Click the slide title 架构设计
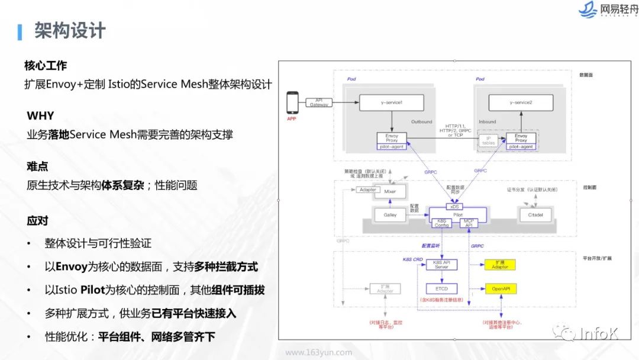tap(69, 30)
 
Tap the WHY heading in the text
tap(40, 116)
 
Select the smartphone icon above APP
tap(291, 103)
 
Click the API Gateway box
tap(318, 102)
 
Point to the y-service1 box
tap(391, 102)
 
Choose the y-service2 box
tap(521, 102)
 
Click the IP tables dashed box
tap(489, 140)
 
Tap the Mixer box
tap(390, 192)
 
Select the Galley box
tap(390, 215)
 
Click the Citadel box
tap(535, 215)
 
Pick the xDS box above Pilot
tap(454, 207)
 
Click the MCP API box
tap(467, 223)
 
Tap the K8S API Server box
tap(441, 265)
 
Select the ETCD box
tap(441, 289)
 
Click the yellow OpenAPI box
tap(500, 289)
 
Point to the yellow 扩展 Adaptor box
tap(500, 265)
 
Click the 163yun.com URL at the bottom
tap(318, 352)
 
